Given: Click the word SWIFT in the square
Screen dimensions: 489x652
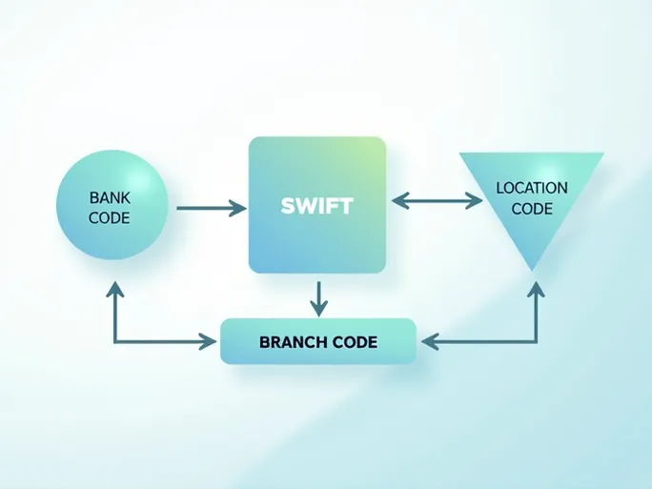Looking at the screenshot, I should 316,205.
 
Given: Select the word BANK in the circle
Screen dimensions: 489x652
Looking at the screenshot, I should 109,197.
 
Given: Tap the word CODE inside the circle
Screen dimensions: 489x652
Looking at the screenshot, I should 109,217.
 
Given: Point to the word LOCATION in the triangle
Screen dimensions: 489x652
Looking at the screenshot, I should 532,188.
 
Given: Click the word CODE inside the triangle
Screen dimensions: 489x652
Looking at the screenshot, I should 532,208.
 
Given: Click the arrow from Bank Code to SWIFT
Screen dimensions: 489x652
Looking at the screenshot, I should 210,208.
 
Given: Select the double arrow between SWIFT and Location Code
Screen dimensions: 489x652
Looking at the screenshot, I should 438,200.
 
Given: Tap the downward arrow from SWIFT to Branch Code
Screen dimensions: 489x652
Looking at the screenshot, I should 318,297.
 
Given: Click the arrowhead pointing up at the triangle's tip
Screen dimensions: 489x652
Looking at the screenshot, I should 536,290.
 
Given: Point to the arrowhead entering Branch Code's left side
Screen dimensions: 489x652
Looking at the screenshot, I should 210,340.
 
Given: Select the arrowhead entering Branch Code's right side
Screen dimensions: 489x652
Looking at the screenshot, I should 429,340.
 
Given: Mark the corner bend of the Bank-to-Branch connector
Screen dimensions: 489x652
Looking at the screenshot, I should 115,340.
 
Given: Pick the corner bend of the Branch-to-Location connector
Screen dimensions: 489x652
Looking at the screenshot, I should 536,340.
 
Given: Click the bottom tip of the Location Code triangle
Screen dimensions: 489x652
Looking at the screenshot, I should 532,269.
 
